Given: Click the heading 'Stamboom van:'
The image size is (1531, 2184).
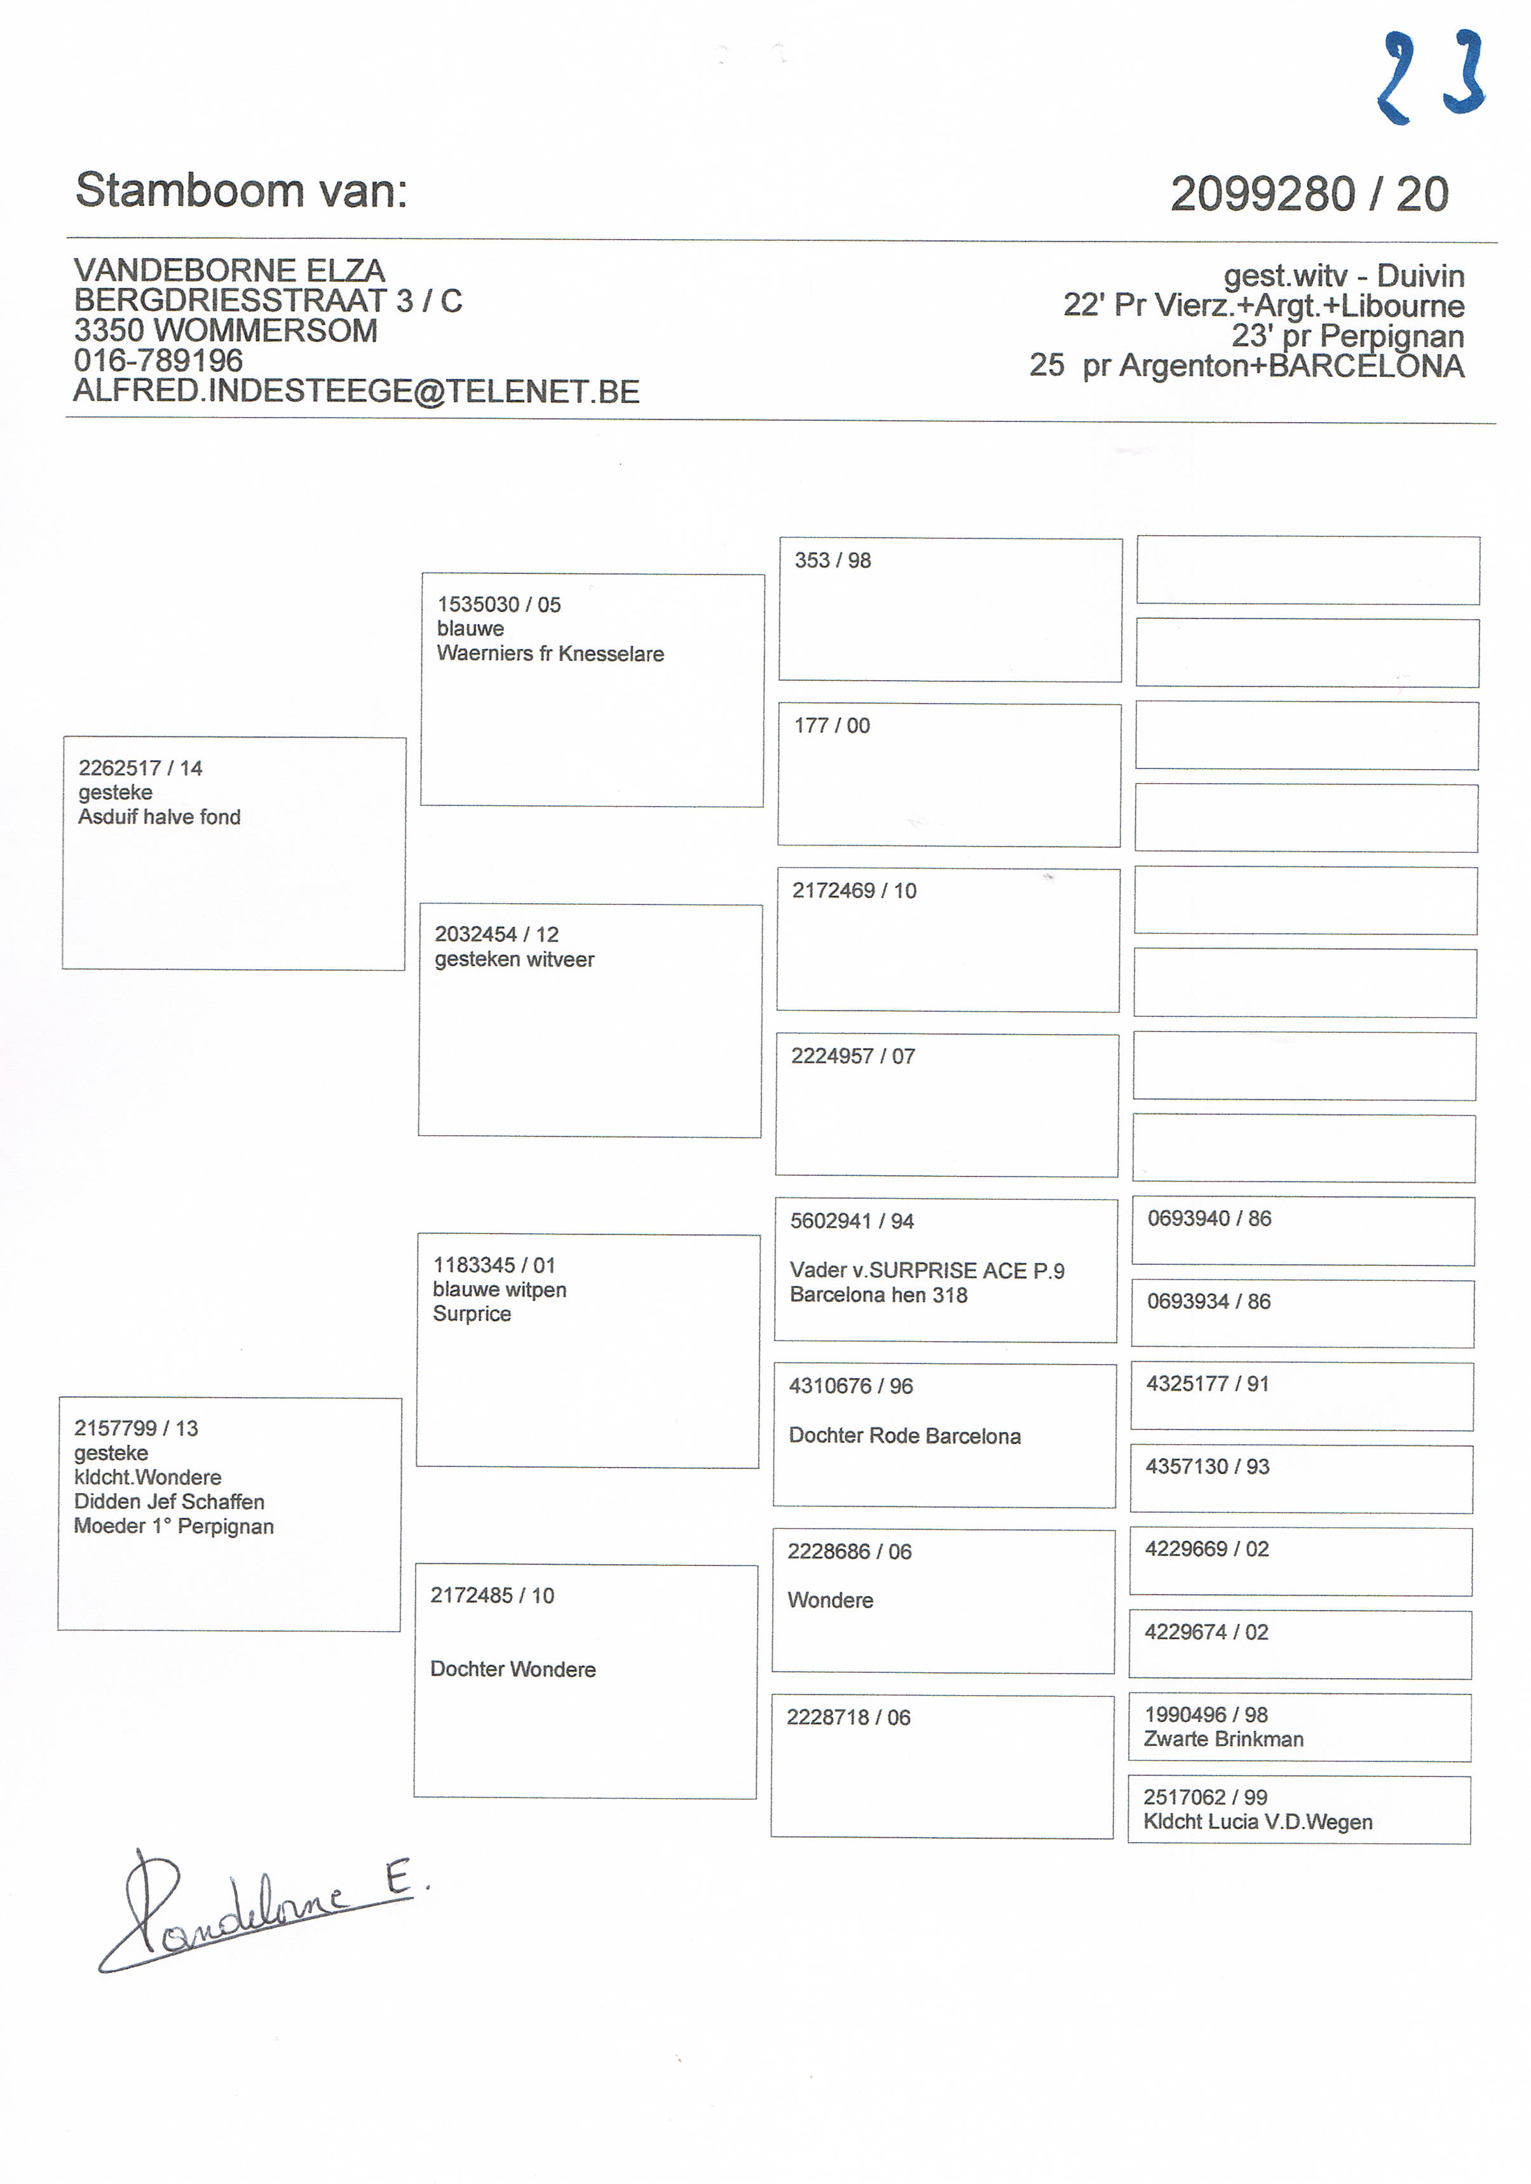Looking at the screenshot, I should point(242,190).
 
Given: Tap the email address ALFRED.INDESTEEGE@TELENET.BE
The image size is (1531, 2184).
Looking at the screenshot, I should point(357,391).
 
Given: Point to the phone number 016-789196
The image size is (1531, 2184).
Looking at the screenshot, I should point(159,360).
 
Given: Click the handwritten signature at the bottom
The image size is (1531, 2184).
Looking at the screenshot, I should point(257,1910).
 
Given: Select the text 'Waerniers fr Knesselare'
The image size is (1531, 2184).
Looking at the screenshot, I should point(550,653).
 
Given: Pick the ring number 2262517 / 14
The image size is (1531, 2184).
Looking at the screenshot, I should point(140,768).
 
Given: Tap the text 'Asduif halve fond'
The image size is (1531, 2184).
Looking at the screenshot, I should point(159,817).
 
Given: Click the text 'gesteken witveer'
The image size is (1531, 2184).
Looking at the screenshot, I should point(514,960).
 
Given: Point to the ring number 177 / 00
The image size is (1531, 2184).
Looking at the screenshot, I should point(831,726).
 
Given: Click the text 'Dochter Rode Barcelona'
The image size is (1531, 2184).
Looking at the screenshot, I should point(904,1437).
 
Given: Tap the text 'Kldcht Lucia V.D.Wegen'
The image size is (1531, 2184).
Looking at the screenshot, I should point(1257,1822).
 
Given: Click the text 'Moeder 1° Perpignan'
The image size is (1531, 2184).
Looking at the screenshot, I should point(174,1527).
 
